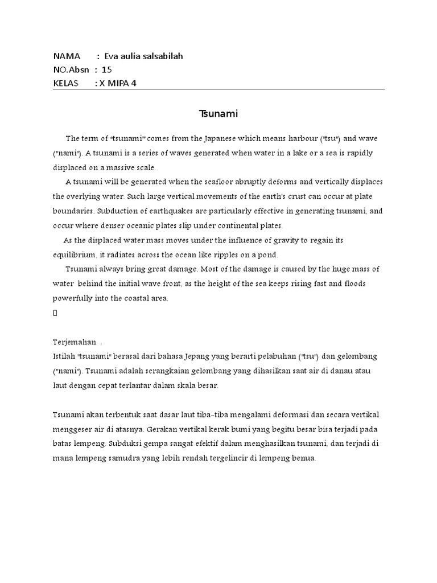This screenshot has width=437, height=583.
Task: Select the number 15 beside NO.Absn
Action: click(x=107, y=70)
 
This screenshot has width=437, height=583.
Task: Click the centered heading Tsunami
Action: click(x=218, y=114)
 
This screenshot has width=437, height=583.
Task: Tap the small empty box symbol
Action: click(x=55, y=313)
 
